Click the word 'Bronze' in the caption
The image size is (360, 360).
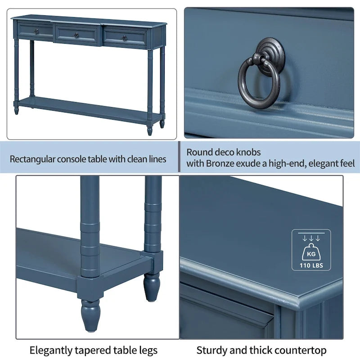pyautogui.click(x=220, y=163)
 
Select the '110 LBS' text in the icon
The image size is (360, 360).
pyautogui.click(x=311, y=265)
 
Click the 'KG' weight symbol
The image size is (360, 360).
pyautogui.click(x=311, y=253)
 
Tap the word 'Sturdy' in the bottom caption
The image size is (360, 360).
pyautogui.click(x=211, y=350)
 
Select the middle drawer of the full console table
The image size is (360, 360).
pyautogui.click(x=76, y=35)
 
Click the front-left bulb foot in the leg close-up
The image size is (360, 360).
pyautogui.click(x=90, y=315)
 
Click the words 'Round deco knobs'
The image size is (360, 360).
pyautogui.click(x=224, y=153)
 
